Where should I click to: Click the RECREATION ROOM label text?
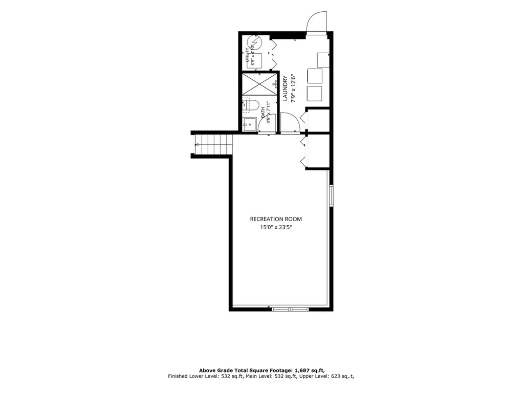click(x=276, y=219)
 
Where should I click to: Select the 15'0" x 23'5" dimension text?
click(x=276, y=228)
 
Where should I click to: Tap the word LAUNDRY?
click(x=285, y=89)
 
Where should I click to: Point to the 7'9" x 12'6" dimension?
click(x=294, y=89)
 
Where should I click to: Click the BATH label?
click(x=263, y=112)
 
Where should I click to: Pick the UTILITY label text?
click(x=247, y=55)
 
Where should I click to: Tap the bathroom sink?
click(x=249, y=124)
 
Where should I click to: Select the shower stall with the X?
click(x=259, y=84)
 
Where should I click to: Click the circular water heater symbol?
click(x=254, y=43)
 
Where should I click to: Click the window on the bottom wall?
click(x=290, y=309)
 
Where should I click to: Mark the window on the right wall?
click(x=331, y=195)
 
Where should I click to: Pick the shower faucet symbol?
click(x=275, y=84)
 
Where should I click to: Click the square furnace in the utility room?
click(x=254, y=60)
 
